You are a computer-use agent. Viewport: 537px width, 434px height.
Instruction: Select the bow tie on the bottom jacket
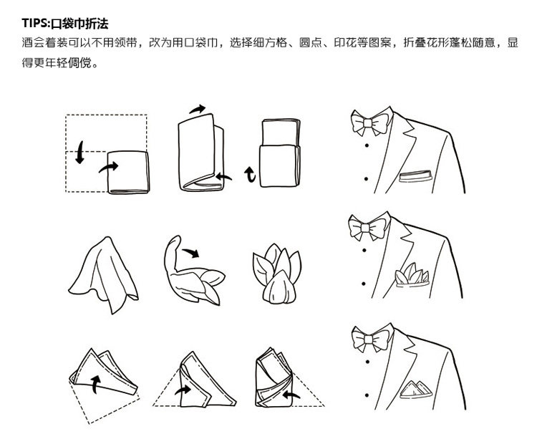[x=367, y=339]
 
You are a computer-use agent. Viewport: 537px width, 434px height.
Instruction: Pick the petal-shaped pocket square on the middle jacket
[x=412, y=274]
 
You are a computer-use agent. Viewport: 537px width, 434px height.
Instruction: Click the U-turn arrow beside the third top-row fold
[x=250, y=173]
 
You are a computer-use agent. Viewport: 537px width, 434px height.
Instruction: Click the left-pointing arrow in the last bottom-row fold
[x=293, y=392]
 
